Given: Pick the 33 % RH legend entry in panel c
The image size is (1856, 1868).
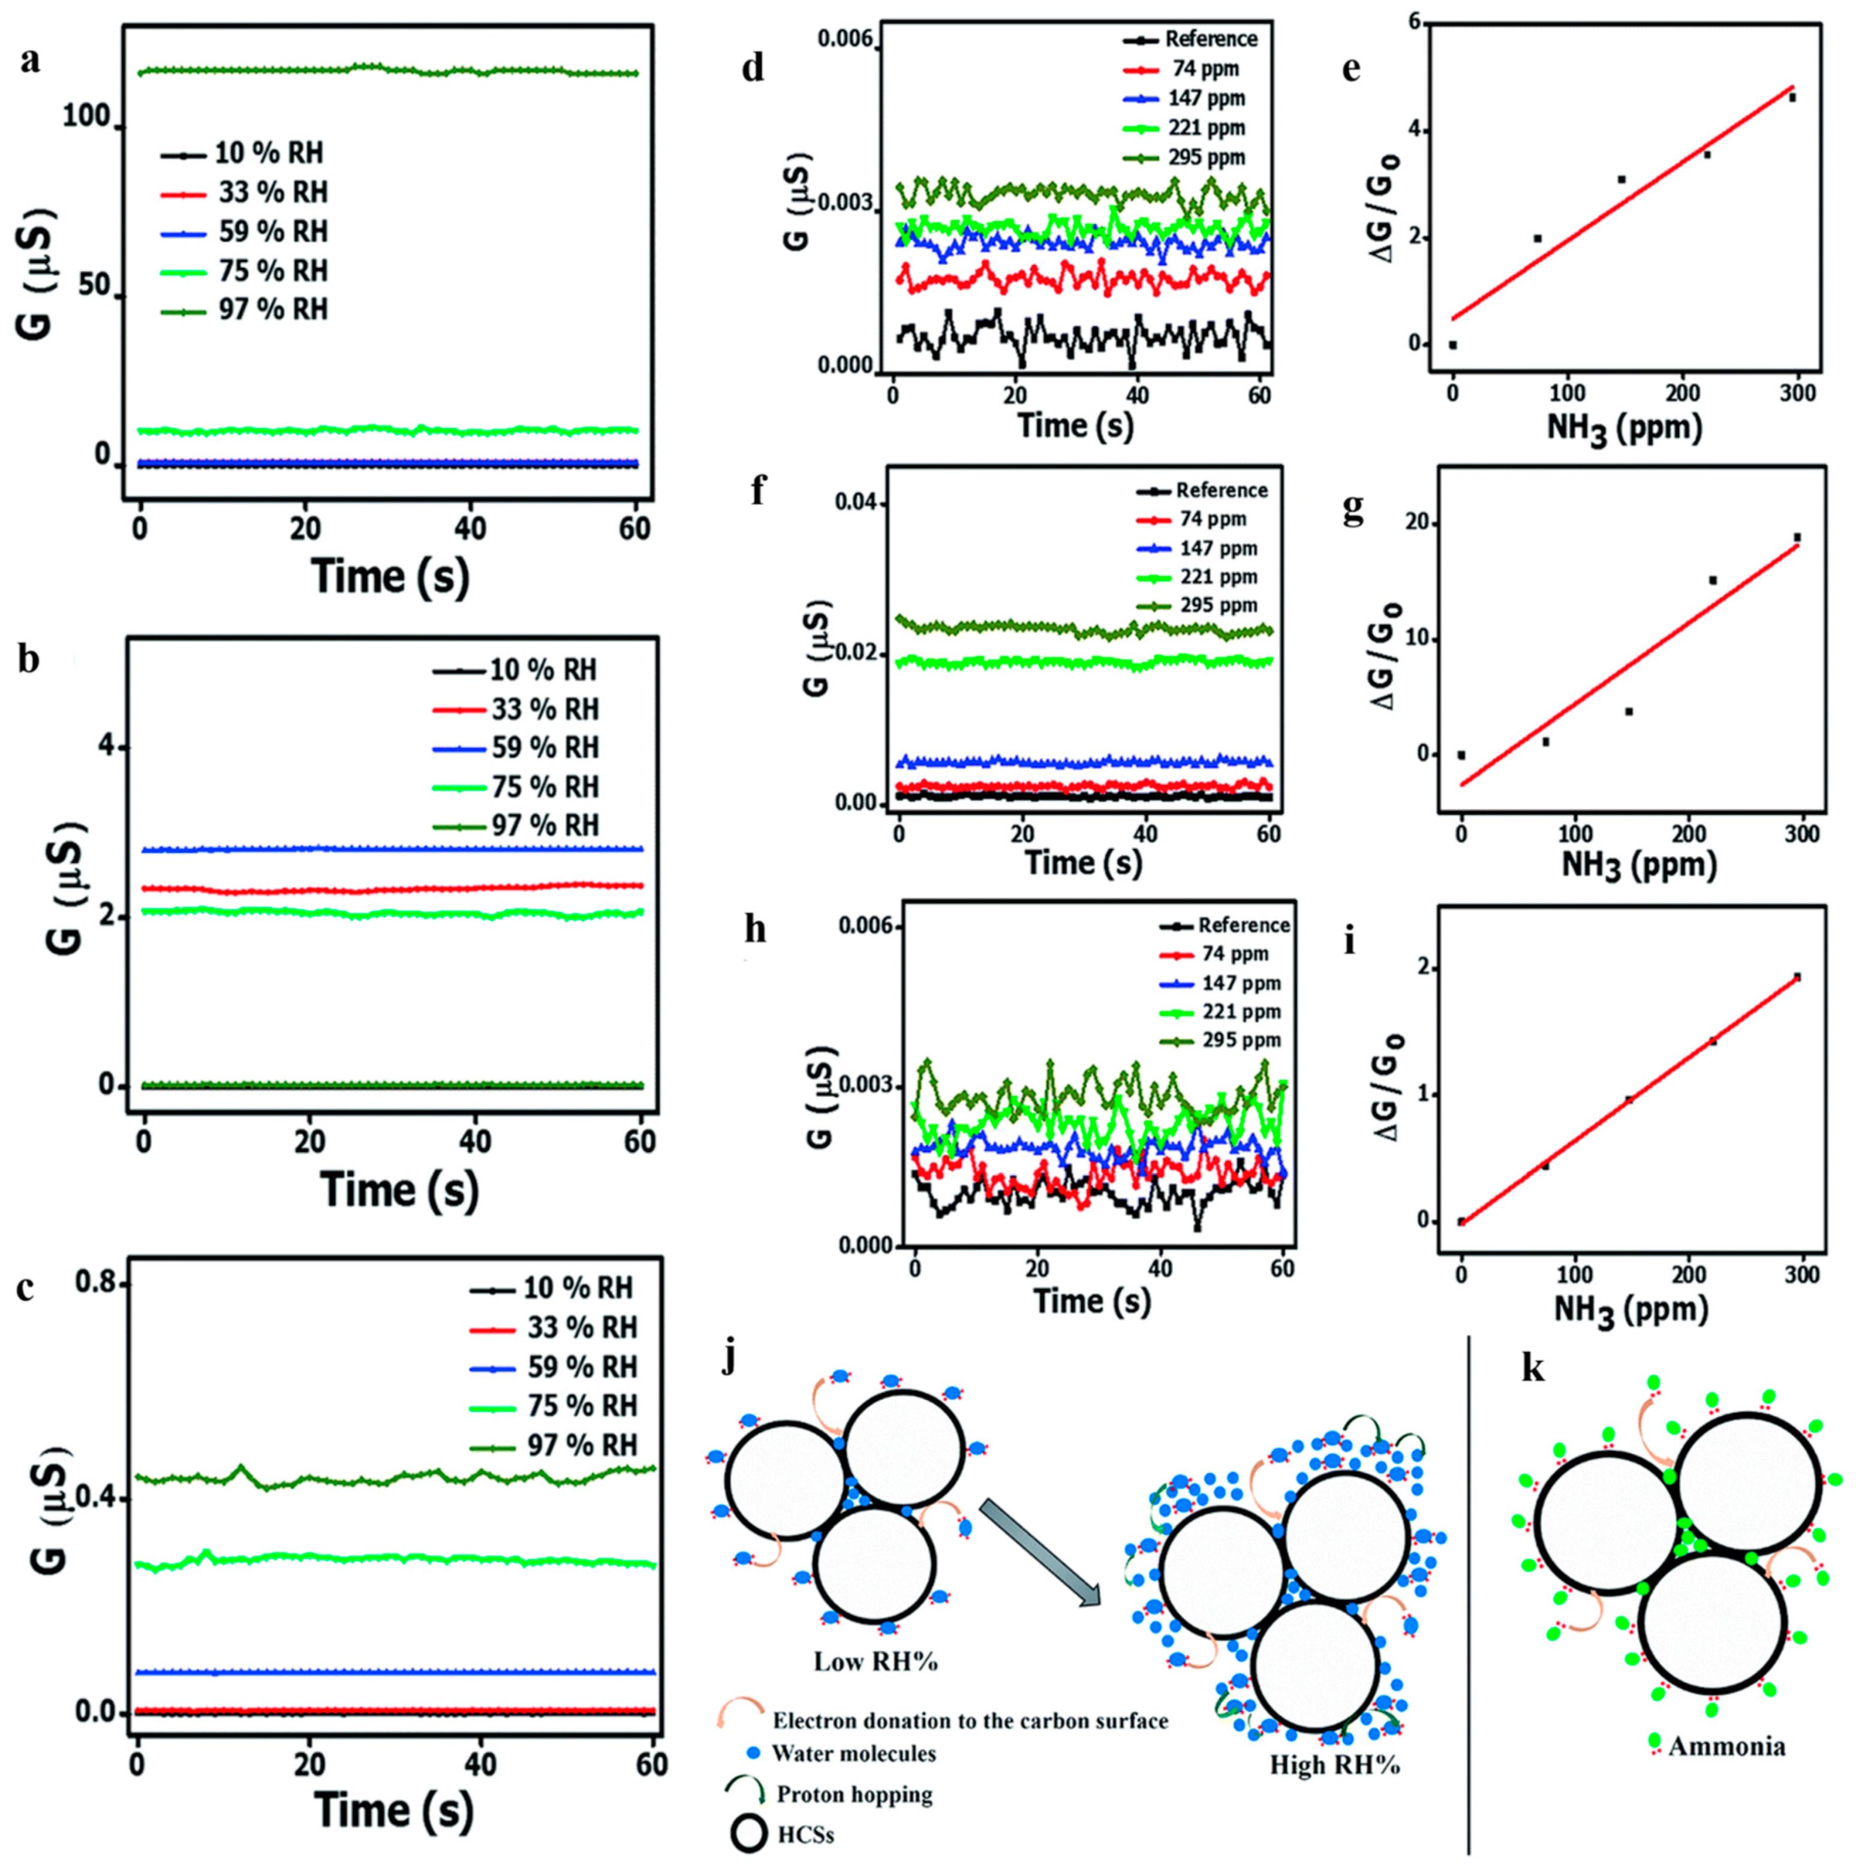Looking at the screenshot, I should (580, 1327).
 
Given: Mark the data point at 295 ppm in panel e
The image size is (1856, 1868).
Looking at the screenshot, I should (1792, 98).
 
